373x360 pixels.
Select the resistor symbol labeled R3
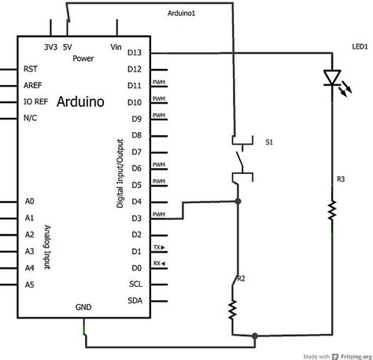pos(331,210)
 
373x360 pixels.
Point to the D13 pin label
pos(134,53)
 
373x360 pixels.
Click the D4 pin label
pos(135,201)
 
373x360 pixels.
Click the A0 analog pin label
pos(29,201)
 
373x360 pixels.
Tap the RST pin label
pos(31,69)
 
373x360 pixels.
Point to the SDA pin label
pos(135,300)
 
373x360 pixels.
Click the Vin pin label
pos(116,47)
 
